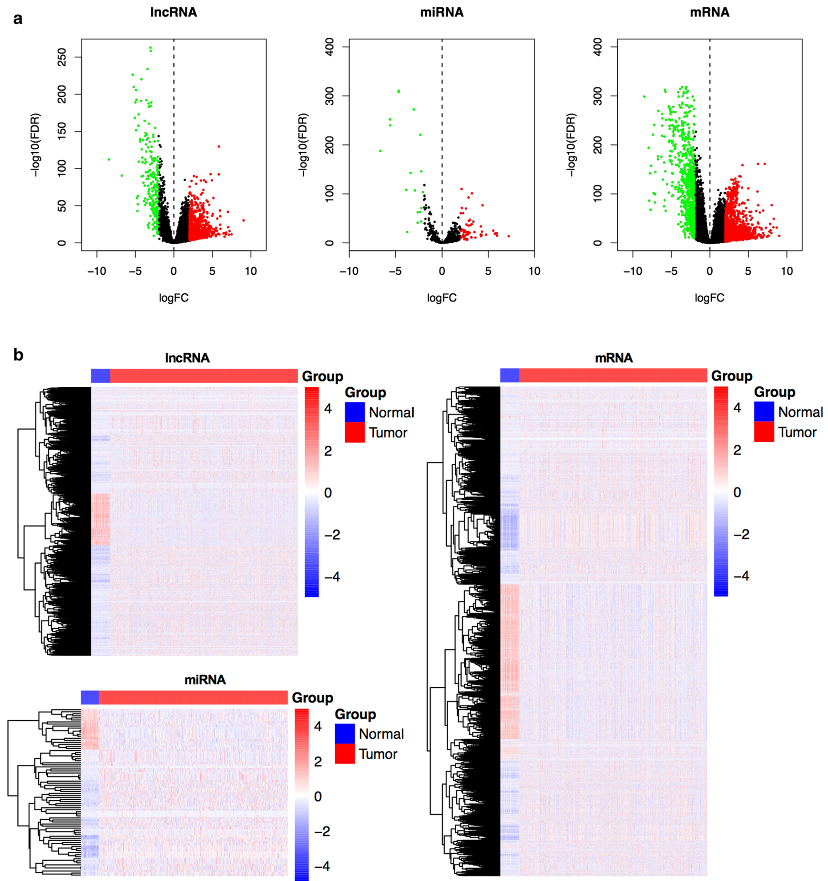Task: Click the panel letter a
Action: coord(18,19)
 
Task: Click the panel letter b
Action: coord(18,355)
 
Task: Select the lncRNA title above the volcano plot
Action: coord(174,13)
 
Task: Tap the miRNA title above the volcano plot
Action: coord(442,13)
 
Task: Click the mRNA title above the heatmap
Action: coord(613,358)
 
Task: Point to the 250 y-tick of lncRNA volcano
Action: coord(62,58)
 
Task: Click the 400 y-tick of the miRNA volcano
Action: coord(330,46)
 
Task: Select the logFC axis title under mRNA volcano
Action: coord(709,298)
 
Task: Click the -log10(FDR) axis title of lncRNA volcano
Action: coord(36,145)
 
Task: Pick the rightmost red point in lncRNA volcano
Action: coord(244,220)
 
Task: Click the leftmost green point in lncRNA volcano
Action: coord(109,159)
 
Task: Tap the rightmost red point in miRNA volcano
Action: coord(509,236)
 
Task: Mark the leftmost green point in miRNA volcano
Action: coord(380,151)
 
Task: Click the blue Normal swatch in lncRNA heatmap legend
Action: coord(355,412)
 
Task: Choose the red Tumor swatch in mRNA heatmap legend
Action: coord(764,432)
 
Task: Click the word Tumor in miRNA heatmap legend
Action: coord(378,754)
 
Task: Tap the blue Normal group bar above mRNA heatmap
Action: coord(509,375)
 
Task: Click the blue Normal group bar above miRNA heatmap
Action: coord(90,697)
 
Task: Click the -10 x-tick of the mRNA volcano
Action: coord(632,271)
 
